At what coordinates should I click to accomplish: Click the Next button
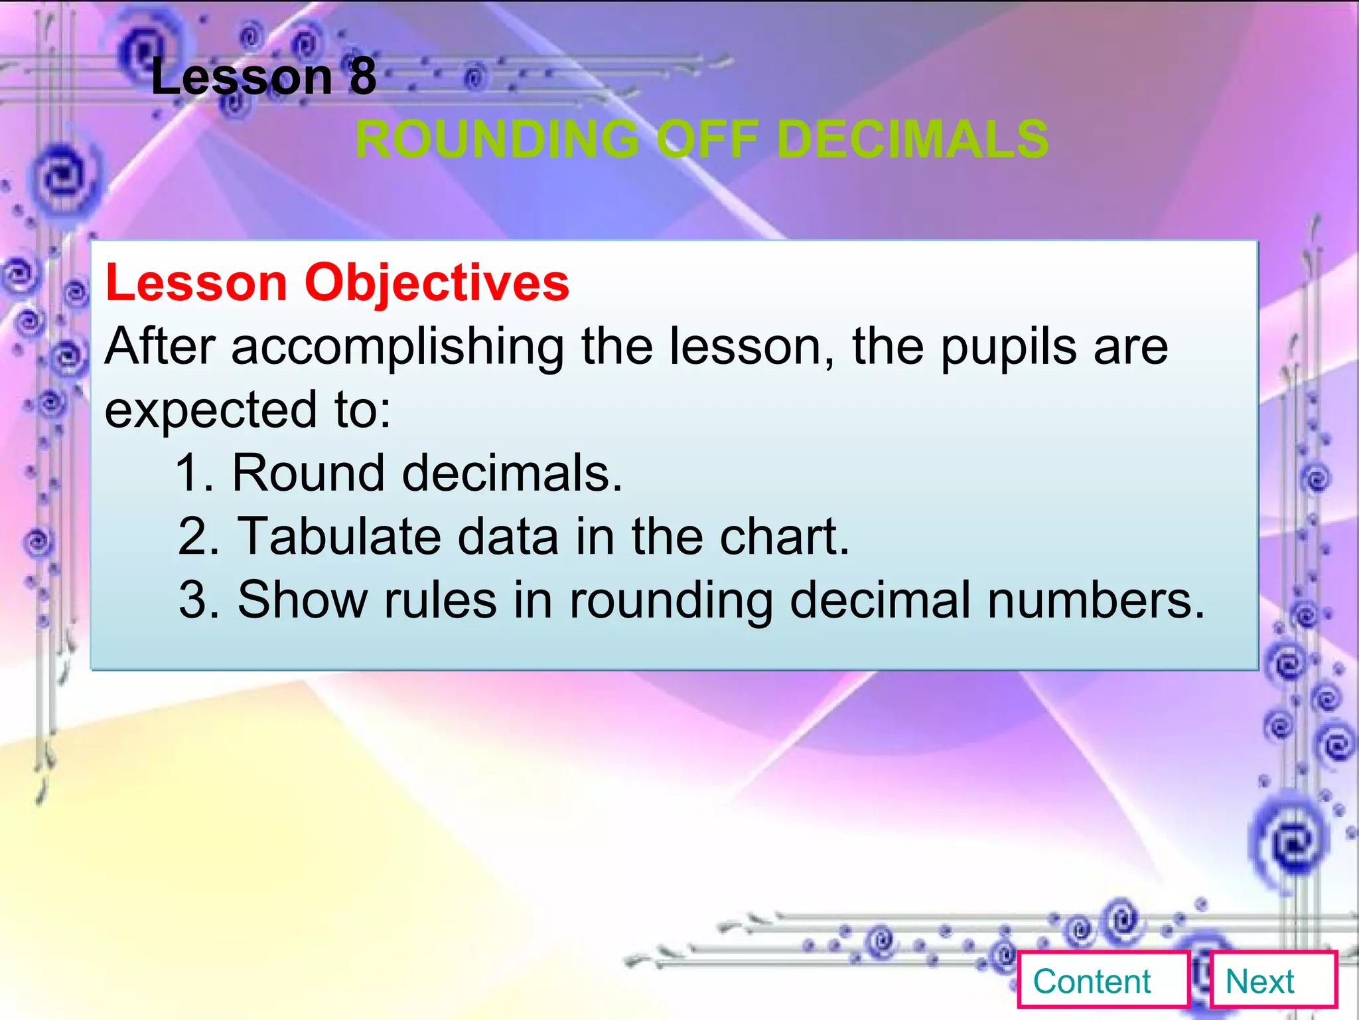tap(1273, 981)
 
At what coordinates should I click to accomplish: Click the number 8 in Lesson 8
tap(362, 76)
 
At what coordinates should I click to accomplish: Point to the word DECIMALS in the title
tap(912, 139)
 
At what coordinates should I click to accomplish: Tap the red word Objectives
tap(437, 283)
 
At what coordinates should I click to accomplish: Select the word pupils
tap(1009, 347)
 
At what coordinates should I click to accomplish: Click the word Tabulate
tap(339, 537)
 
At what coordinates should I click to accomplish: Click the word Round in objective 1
tap(308, 473)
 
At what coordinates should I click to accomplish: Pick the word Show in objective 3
tap(302, 600)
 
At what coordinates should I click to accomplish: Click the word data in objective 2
tap(508, 537)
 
